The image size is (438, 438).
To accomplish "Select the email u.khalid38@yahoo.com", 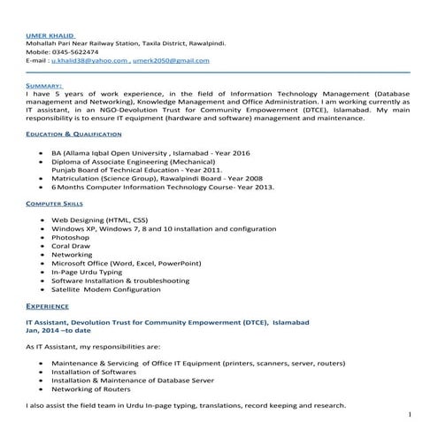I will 89,60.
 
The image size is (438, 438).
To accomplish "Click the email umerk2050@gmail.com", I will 173,60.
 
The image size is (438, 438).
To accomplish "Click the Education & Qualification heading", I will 73,134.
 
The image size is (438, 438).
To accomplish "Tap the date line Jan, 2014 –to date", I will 58,330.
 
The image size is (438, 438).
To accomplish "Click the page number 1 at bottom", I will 411,414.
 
